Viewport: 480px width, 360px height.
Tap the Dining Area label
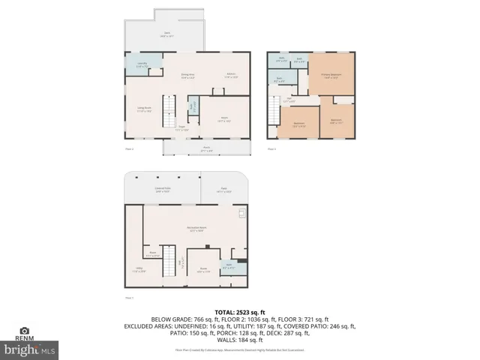(x=187, y=75)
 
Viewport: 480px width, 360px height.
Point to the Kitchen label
(x=232, y=74)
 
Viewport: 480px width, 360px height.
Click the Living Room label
(x=145, y=109)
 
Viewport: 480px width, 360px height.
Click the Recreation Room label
(x=197, y=229)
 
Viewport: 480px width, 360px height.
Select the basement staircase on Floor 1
(x=169, y=259)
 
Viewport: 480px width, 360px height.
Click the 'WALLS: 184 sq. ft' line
(x=240, y=341)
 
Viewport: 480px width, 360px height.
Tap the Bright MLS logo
(x=29, y=349)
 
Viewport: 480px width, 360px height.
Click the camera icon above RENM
(x=25, y=330)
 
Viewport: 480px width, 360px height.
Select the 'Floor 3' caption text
(x=272, y=149)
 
